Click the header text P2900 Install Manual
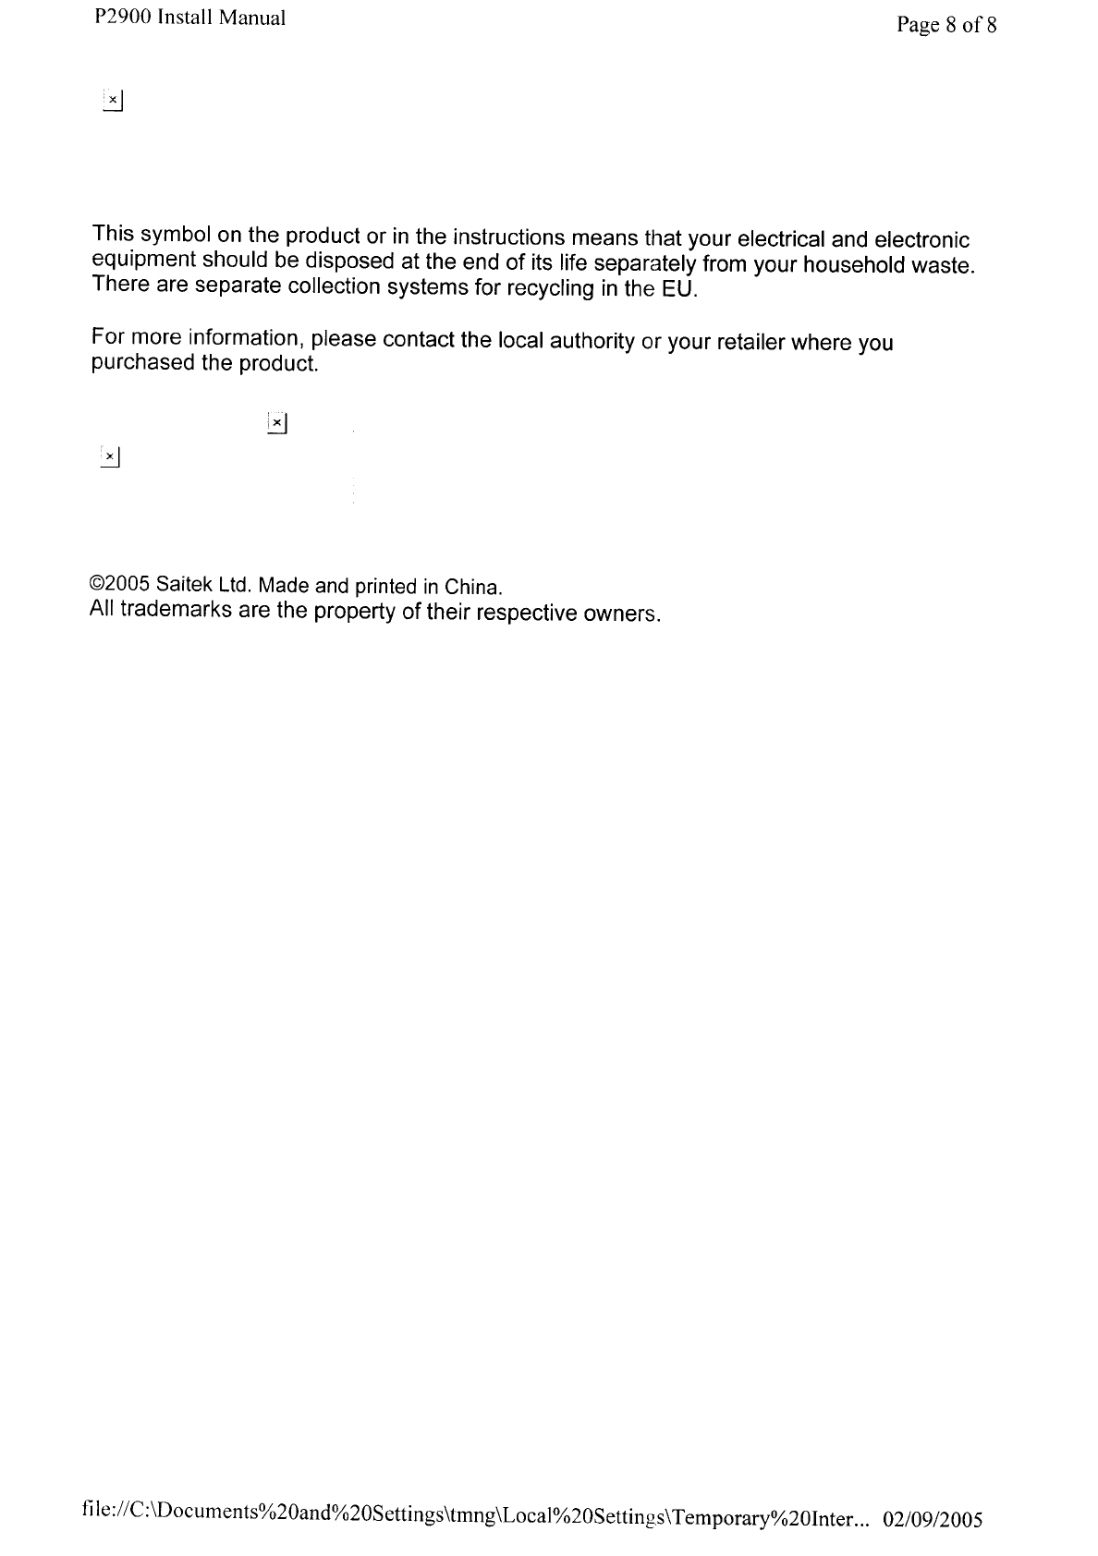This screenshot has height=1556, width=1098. (x=189, y=18)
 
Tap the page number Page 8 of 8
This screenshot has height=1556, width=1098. (x=946, y=25)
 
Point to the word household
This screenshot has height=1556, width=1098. (x=848, y=266)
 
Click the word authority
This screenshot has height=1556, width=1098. (x=592, y=341)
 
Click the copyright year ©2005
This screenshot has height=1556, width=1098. (x=119, y=584)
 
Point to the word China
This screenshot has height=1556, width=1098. (x=471, y=588)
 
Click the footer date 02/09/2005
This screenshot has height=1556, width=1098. (x=933, y=1520)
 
